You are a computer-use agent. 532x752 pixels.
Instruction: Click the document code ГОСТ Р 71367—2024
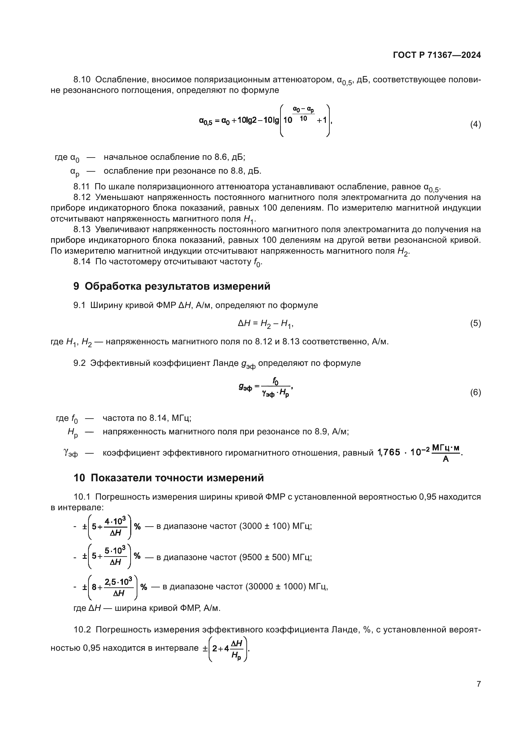(437, 55)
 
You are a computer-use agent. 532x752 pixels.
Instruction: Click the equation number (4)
(475, 124)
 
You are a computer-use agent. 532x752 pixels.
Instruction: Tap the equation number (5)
(475, 324)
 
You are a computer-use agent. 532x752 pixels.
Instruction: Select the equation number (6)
(475, 392)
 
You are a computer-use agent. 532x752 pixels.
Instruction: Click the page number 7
(479, 684)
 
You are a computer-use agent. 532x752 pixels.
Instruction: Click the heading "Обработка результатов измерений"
(177, 286)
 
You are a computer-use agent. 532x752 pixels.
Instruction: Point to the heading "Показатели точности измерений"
(177, 478)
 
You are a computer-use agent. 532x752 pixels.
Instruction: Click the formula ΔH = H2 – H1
(265, 324)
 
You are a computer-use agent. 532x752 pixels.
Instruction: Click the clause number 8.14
(82, 262)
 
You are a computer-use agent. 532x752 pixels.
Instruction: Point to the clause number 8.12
(82, 197)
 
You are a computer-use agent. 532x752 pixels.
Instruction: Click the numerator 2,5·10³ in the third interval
(118, 582)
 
